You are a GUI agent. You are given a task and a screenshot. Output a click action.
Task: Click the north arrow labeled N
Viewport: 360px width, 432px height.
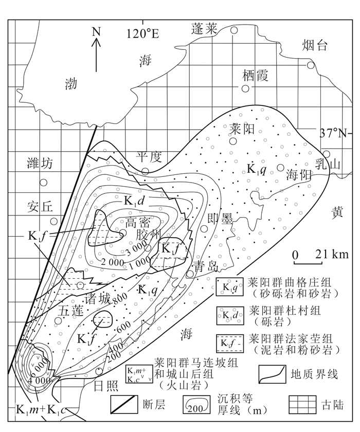point(96,49)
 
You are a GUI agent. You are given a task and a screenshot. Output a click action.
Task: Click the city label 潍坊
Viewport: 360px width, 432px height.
point(40,164)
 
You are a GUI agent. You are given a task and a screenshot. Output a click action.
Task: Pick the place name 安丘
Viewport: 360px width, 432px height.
point(40,207)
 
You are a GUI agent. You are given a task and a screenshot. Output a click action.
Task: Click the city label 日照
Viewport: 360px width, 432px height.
point(106,386)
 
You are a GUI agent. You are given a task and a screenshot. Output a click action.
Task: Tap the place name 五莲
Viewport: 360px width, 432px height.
point(70,311)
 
